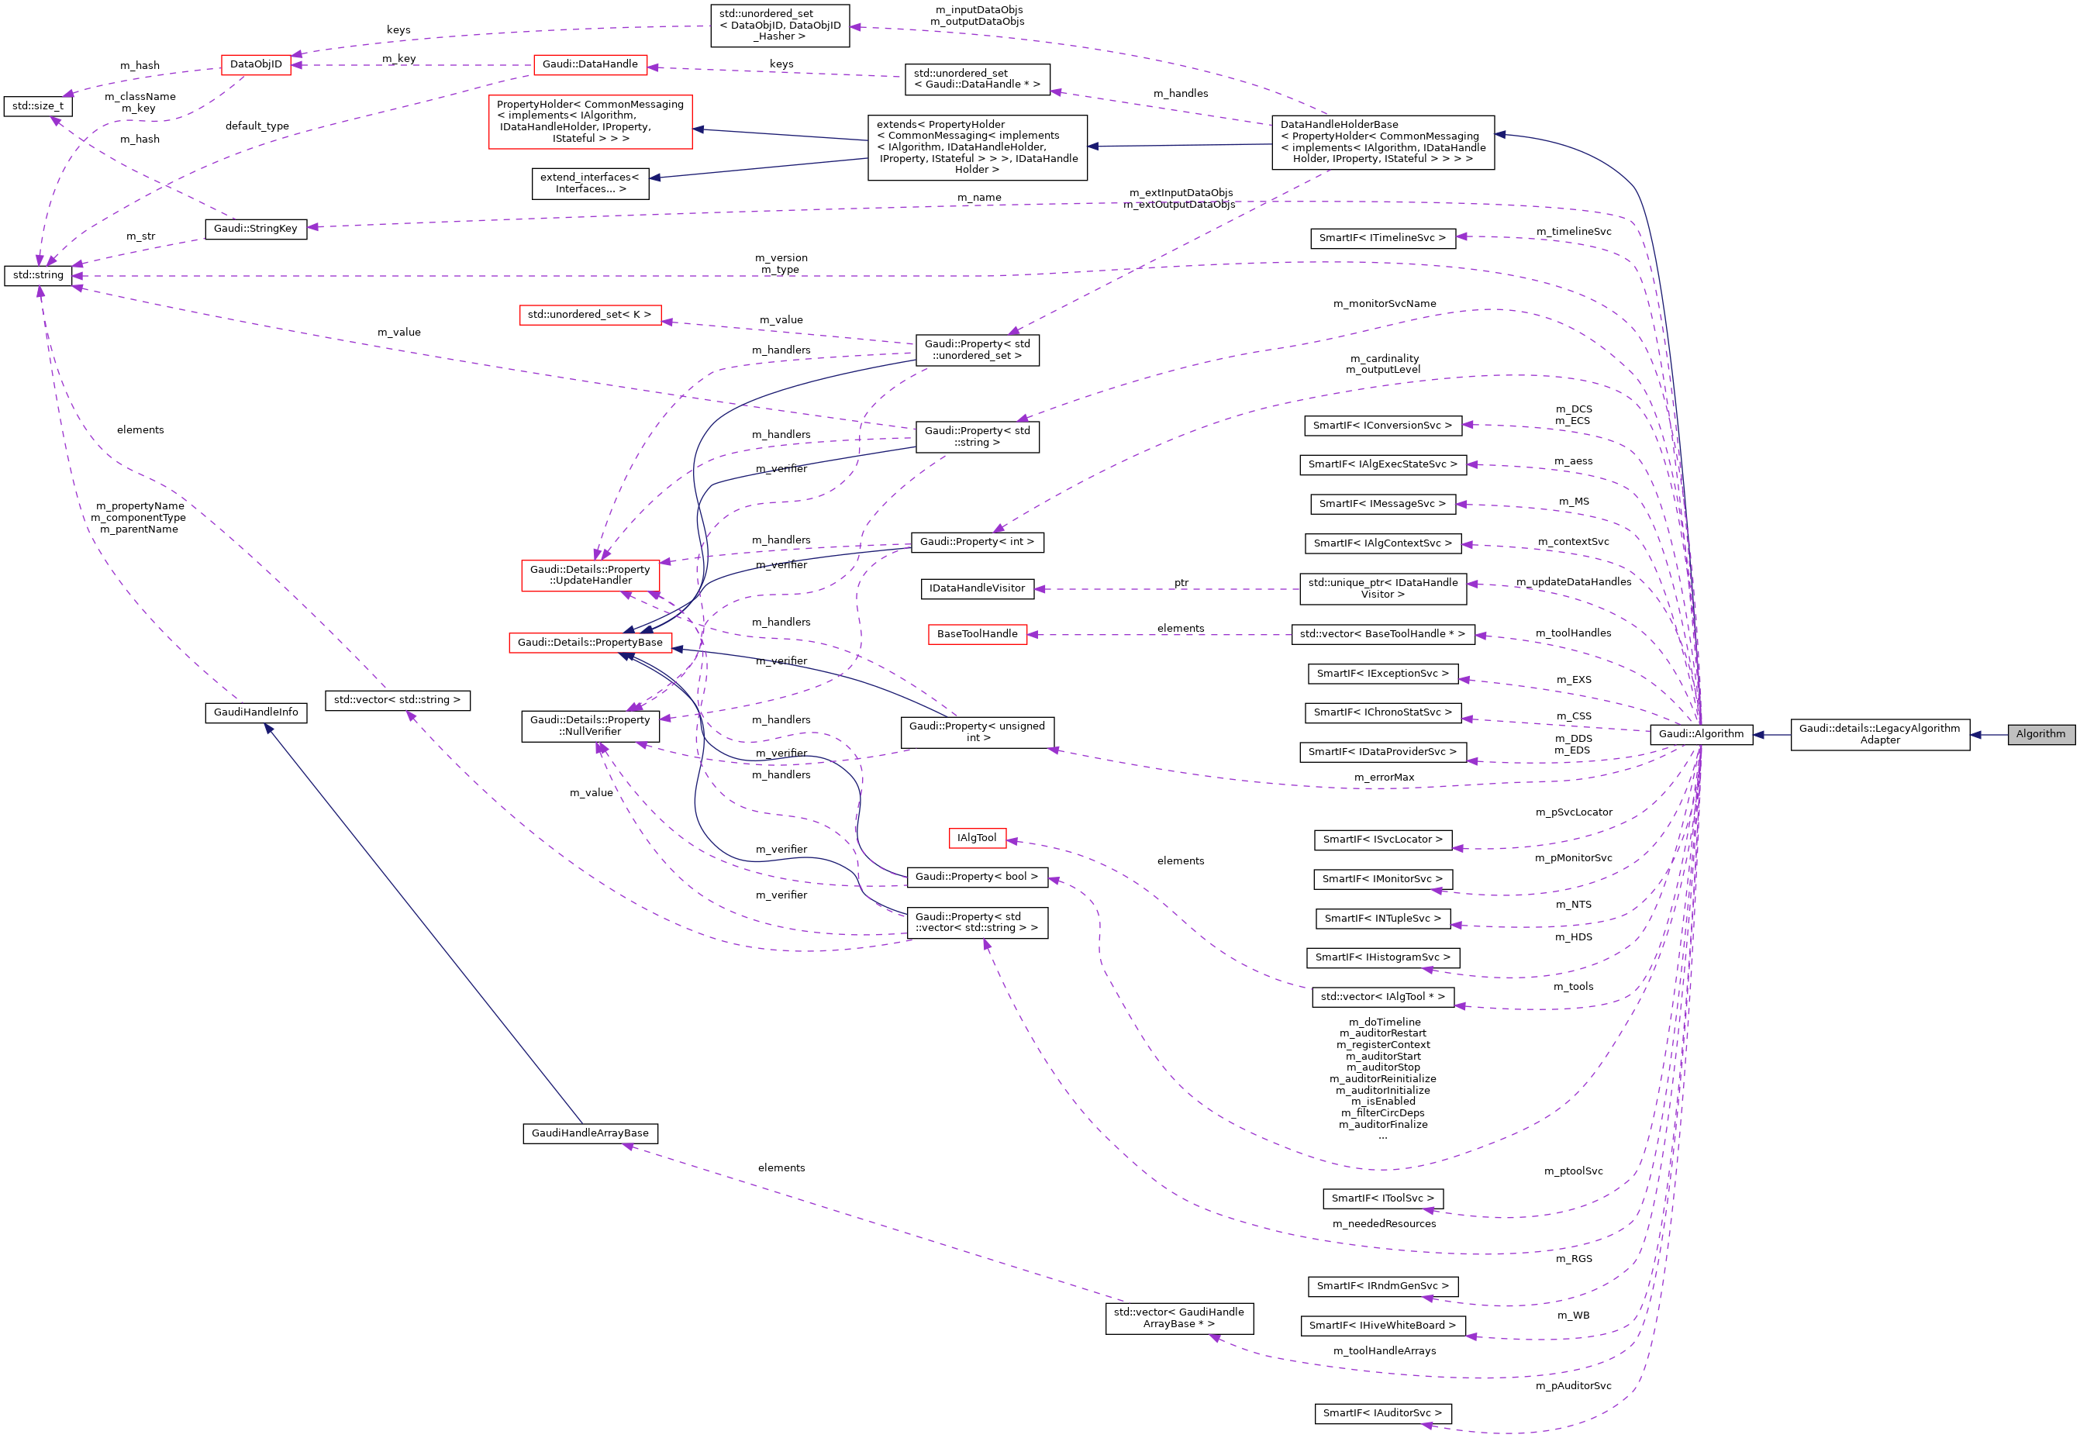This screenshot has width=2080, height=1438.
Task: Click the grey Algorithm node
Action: coord(2040,734)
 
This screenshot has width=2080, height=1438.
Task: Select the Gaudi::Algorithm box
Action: coord(1701,734)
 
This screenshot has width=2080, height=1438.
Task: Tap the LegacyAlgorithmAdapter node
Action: coord(1879,734)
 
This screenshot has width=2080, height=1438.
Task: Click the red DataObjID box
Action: coord(256,65)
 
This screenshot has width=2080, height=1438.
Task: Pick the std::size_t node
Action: coord(38,106)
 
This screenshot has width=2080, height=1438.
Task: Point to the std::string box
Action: coord(38,274)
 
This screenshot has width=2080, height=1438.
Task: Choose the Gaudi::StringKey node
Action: coord(256,229)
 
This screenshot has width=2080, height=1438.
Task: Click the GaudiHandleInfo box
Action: coord(256,712)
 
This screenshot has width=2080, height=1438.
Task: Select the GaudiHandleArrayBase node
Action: coord(590,1133)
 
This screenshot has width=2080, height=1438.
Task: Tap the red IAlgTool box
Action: coord(977,838)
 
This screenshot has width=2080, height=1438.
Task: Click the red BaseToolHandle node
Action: coord(977,634)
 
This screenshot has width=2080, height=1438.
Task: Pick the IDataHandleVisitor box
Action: coord(977,588)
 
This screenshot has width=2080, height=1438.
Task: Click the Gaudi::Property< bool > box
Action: coord(977,877)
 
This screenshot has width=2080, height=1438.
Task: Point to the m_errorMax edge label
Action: coord(1384,778)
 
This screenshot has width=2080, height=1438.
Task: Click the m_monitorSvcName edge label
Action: coord(1385,304)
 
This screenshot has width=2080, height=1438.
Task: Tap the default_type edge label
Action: coord(257,126)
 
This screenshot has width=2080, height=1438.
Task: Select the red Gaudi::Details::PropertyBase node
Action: coord(590,643)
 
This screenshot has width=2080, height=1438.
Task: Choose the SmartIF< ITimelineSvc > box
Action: coord(1381,238)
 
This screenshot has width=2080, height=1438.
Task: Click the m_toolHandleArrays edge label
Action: coord(1385,1350)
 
